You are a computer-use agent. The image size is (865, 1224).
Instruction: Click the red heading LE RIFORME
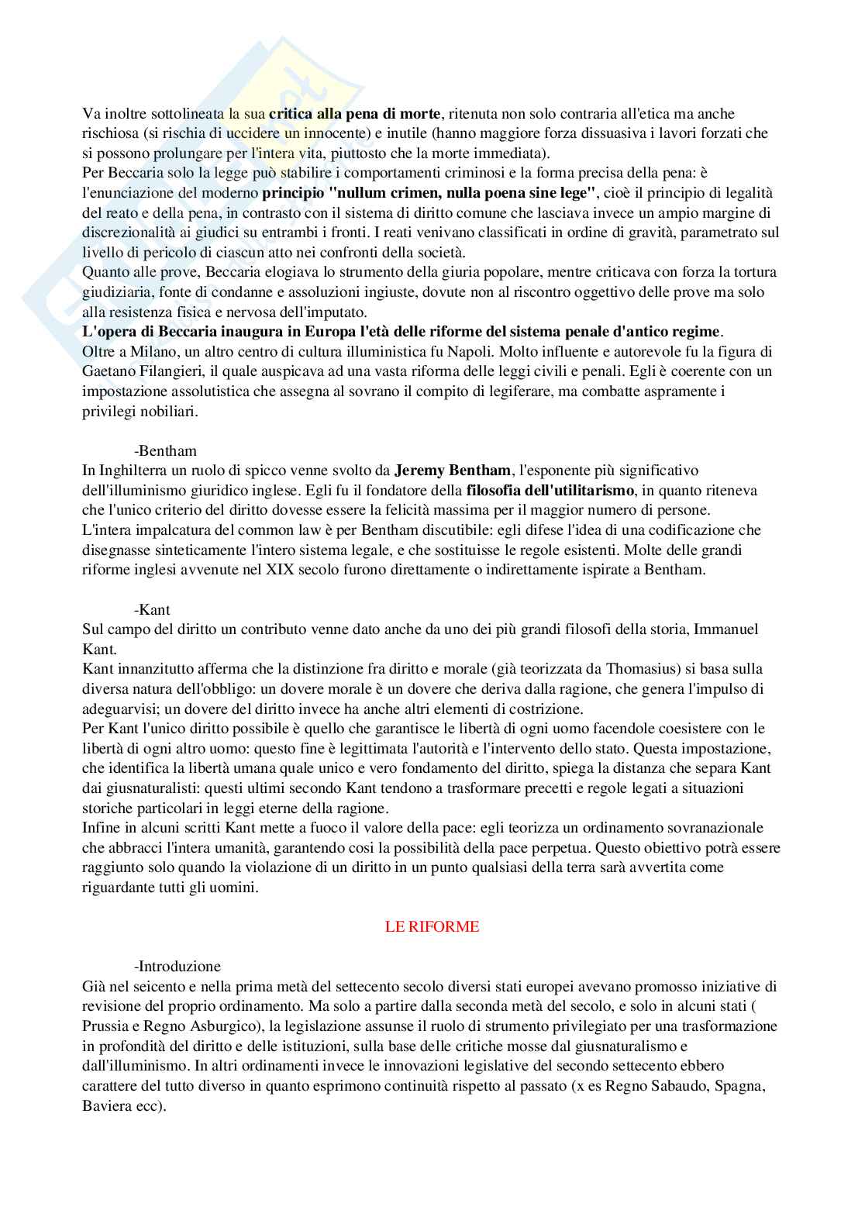(x=432, y=926)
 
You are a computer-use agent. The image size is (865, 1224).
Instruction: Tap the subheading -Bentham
(x=165, y=450)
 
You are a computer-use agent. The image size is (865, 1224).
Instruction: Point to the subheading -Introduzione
(x=177, y=966)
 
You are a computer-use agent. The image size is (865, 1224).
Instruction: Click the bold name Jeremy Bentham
(x=453, y=471)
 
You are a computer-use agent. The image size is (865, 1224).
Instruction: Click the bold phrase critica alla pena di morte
(x=355, y=114)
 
